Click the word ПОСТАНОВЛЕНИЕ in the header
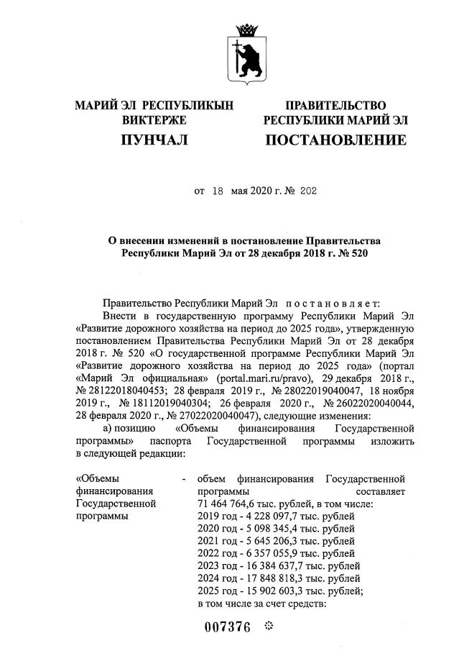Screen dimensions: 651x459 pos(335,140)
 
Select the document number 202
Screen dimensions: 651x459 pos(307,192)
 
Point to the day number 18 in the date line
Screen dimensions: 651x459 pos(217,192)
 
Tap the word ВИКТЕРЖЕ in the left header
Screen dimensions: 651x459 pos(154,119)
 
